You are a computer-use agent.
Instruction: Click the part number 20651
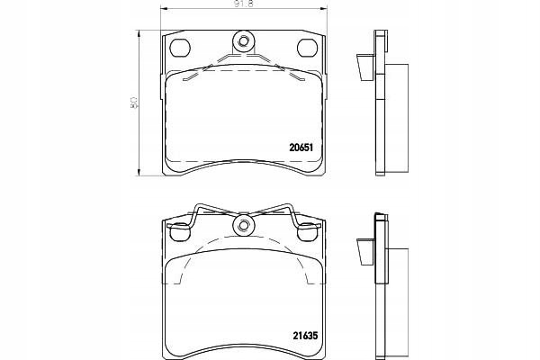[x=301, y=148]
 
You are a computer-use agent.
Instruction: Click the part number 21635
[x=305, y=335]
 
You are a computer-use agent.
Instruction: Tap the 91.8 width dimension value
[x=243, y=4]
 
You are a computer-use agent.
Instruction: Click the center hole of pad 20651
[x=244, y=41]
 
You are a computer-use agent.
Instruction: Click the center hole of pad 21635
[x=244, y=226]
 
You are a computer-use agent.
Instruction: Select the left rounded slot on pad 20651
[x=180, y=47]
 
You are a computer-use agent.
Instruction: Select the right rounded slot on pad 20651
[x=307, y=47]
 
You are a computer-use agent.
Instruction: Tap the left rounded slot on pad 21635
[x=180, y=232]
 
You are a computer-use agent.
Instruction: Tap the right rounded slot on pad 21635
[x=307, y=232]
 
